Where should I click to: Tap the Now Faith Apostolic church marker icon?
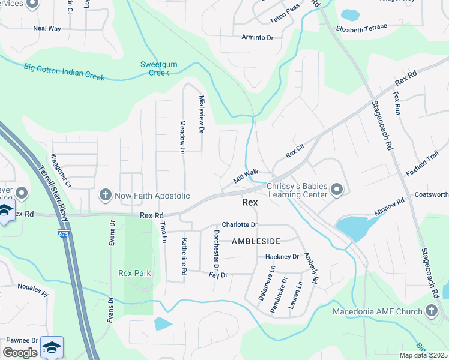[105, 195]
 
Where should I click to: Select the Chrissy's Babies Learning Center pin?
[337, 191]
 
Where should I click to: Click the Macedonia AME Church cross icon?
[431, 310]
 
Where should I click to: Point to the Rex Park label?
[134, 273]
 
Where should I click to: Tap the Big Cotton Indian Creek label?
[64, 72]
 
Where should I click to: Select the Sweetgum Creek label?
[155, 68]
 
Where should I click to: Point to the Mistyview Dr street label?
[202, 113]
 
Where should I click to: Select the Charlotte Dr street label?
[239, 224]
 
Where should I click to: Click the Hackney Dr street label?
[282, 257]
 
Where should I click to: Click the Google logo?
[20, 353]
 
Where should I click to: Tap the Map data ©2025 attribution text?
[424, 355]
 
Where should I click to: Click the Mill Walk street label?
[246, 176]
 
